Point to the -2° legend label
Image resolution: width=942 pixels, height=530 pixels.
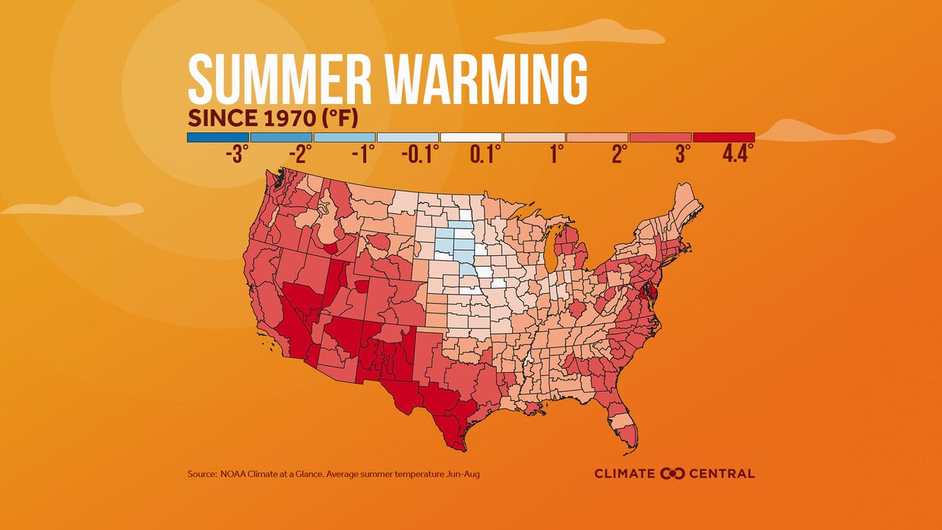(x=300, y=154)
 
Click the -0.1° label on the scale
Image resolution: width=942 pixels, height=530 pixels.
(x=420, y=154)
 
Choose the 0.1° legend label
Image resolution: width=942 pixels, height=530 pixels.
(x=485, y=154)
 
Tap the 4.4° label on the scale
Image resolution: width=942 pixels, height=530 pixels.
(x=738, y=154)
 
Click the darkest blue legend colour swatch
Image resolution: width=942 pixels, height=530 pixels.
(x=218, y=137)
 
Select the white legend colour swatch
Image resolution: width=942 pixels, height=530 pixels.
(x=470, y=137)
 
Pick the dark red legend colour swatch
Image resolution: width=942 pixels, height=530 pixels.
(x=723, y=137)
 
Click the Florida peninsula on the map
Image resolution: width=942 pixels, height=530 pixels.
(x=624, y=425)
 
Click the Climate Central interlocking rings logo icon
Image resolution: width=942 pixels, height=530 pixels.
(x=672, y=474)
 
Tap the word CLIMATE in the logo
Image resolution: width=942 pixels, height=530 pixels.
(x=624, y=474)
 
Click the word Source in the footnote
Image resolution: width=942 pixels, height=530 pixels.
(x=201, y=474)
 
